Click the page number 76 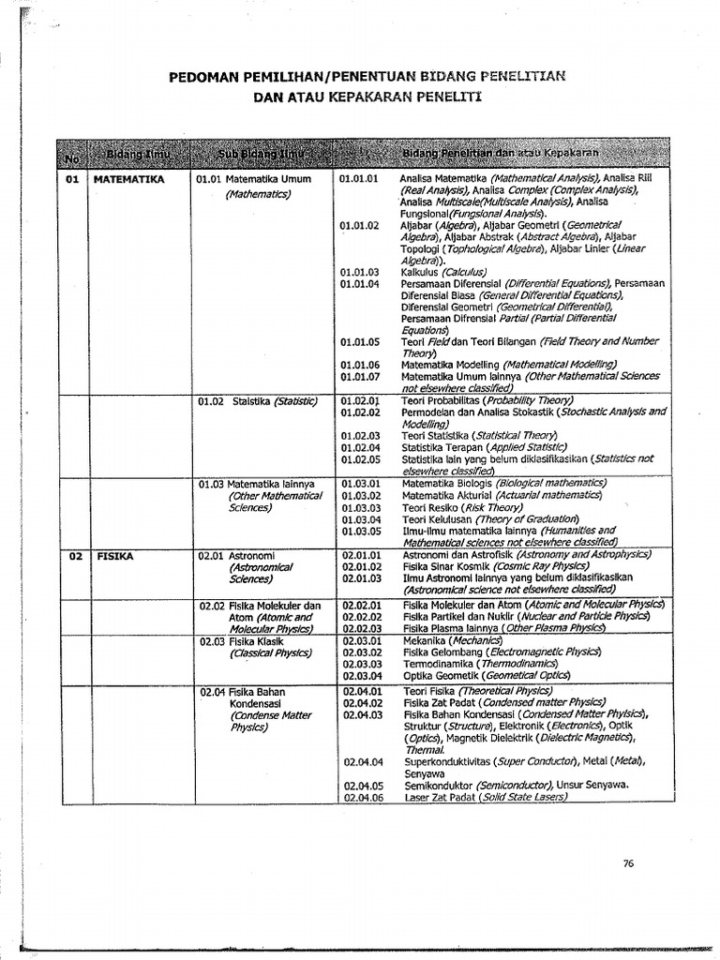(628, 863)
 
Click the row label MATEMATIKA (129, 177)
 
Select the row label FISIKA (115, 555)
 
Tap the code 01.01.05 (360, 342)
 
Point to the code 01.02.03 (360, 436)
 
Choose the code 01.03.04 (360, 519)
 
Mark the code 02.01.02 (360, 566)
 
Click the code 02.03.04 (360, 675)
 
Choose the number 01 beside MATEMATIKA (72, 177)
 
